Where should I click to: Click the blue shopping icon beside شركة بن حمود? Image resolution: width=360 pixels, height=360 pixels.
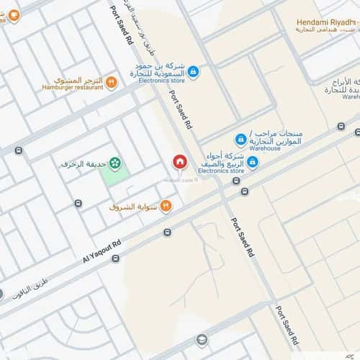(x=193, y=71)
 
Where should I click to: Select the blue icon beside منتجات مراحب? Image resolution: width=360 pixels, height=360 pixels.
(x=240, y=140)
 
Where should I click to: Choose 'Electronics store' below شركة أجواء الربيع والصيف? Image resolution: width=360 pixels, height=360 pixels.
(x=220, y=170)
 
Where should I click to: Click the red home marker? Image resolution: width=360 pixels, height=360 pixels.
(x=179, y=162)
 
